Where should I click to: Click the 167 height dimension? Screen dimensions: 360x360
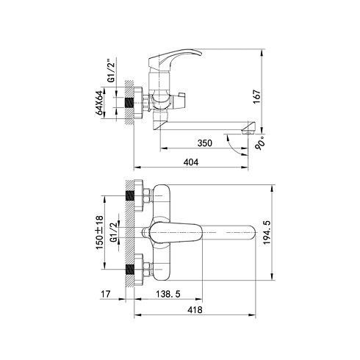[256, 96]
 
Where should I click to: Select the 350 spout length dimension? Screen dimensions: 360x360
[205, 143]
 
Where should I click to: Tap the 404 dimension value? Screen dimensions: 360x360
[191, 162]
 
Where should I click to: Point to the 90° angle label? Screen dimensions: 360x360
[260, 143]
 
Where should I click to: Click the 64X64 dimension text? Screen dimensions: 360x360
[99, 103]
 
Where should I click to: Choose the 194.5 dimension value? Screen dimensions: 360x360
[267, 232]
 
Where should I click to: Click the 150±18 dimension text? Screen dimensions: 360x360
[99, 233]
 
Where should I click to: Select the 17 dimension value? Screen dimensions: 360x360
[106, 294]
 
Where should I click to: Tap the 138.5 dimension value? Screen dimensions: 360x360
[168, 294]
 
